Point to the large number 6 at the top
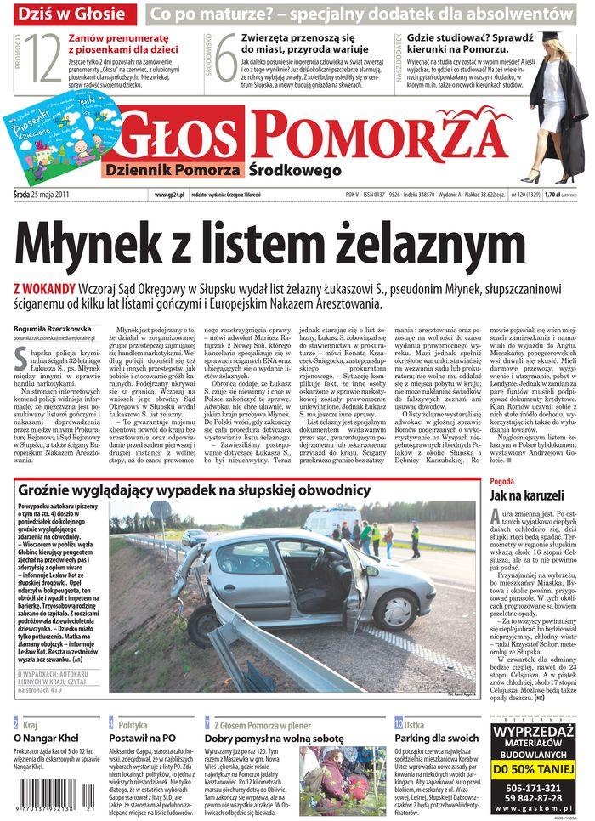pos(224,59)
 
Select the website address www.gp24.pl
pos(170,194)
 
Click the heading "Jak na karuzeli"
pos(528,495)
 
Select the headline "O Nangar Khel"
pos(47,738)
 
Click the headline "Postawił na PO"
pos(143,738)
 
